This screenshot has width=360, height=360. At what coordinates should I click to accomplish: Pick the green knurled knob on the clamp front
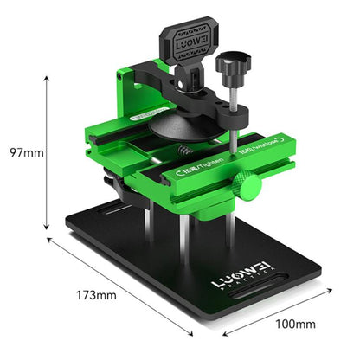coord(247,186)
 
